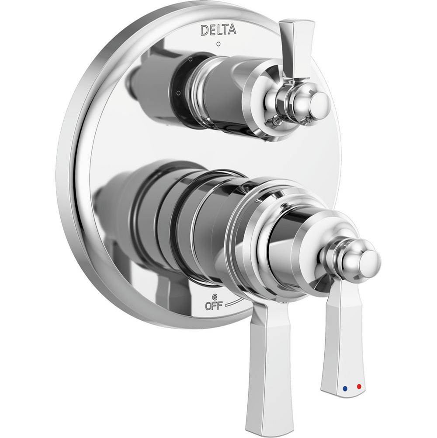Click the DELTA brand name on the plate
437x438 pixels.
pyautogui.click(x=218, y=30)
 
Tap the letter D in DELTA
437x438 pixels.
pyautogui.click(x=203, y=30)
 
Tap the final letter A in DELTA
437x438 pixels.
pyautogui.click(x=232, y=30)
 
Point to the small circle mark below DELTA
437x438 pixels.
pyautogui.click(x=218, y=44)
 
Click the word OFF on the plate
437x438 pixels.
pyautogui.click(x=213, y=306)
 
